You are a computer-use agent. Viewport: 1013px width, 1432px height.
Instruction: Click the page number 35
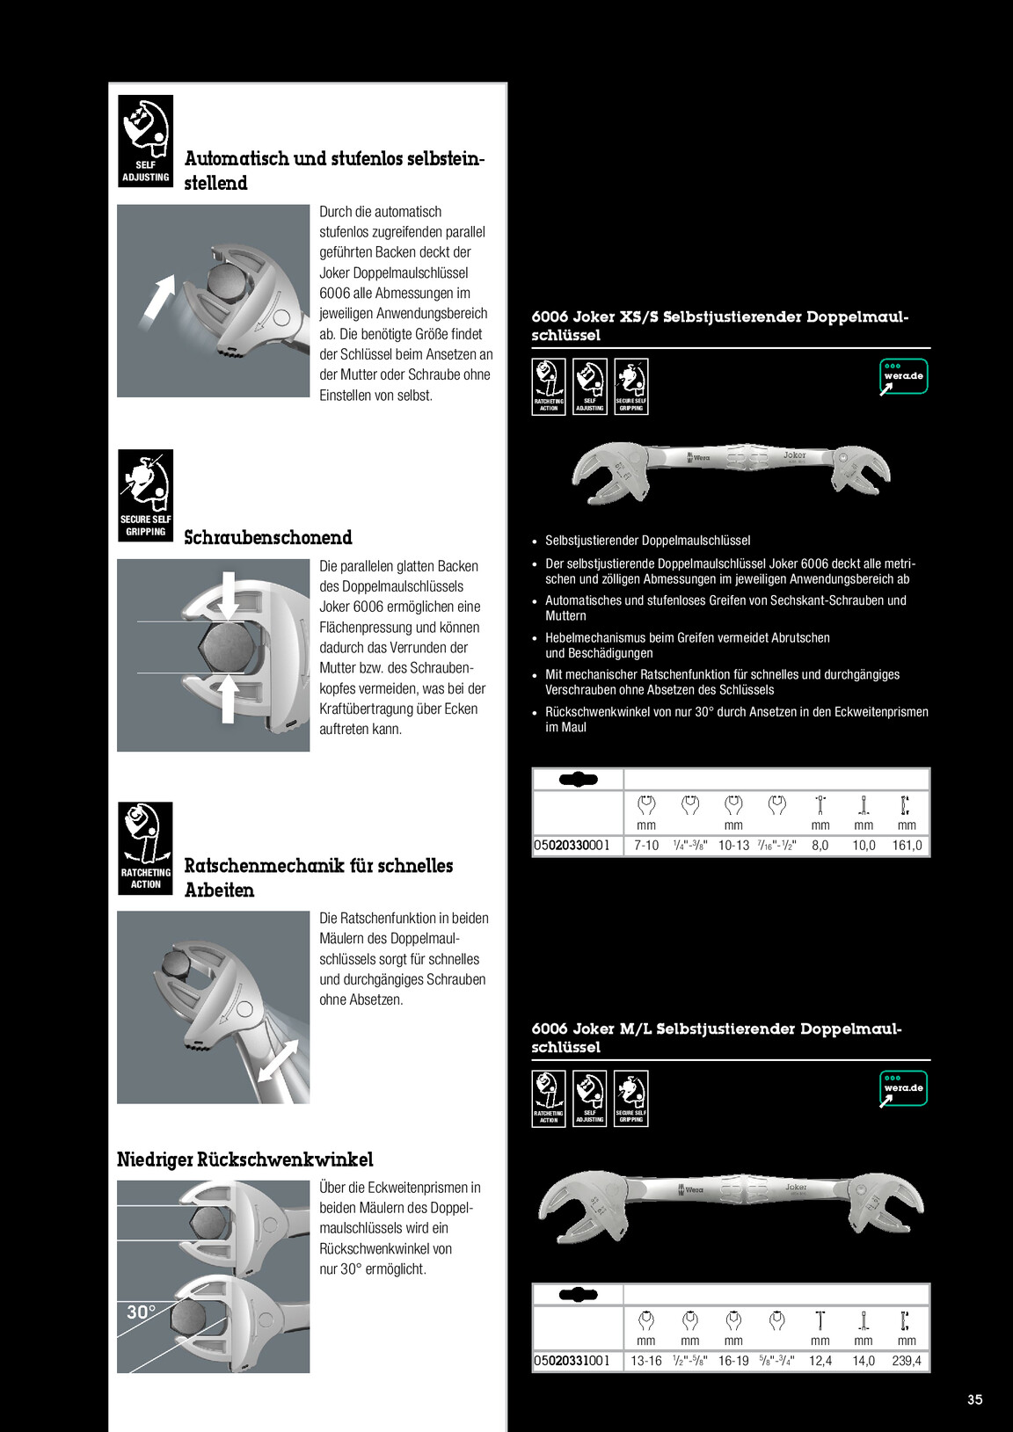[974, 1399]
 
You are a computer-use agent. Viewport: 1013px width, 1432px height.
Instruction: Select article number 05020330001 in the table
[572, 845]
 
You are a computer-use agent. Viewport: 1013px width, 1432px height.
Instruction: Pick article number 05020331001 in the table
[572, 1361]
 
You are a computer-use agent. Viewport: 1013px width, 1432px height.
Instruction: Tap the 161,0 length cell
[907, 845]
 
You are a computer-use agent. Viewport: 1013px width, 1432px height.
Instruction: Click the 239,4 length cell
[907, 1361]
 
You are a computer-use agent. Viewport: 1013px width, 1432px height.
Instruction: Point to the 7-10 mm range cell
[646, 845]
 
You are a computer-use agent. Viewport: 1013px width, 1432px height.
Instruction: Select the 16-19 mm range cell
[732, 1361]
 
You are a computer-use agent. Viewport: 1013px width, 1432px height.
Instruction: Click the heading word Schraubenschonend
[268, 537]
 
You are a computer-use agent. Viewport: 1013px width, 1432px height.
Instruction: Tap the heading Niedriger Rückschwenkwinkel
[245, 1159]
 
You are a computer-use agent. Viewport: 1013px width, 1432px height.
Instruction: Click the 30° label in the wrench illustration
[141, 1312]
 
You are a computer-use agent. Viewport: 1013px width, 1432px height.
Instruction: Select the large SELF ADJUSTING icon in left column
[145, 141]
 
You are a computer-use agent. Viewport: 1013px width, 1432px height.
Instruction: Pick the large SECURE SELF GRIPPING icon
[145, 496]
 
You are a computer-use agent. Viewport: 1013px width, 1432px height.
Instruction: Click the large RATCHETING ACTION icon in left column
[145, 848]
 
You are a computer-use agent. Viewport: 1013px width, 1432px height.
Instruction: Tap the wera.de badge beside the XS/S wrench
[903, 376]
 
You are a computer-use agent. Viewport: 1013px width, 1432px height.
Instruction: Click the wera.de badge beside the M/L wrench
[903, 1088]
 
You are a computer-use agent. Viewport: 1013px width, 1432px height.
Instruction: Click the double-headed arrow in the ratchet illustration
[278, 1060]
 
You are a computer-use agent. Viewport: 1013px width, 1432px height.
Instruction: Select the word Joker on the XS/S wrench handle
[795, 454]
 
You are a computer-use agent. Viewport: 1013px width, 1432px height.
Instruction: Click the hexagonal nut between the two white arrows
[229, 647]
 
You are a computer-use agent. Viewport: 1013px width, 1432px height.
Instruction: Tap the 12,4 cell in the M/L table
[820, 1361]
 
